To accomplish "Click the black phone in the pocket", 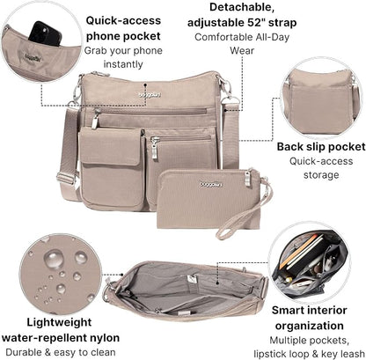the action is (45, 33).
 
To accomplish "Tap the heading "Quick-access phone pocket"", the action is (123, 28).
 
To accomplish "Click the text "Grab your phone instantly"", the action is (123, 57).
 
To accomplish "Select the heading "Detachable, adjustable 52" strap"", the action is (242, 15).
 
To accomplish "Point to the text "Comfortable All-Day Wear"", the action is (242, 44).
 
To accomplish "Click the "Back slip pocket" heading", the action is (321, 147).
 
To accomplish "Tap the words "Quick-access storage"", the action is (321, 168).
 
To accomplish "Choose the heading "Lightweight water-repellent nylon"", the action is (61, 330).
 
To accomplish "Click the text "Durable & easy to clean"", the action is (61, 352).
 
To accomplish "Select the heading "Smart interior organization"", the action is (310, 318).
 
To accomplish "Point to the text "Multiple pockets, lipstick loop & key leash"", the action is (310, 347).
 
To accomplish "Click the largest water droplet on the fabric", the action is (54, 259).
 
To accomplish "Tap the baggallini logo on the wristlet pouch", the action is (211, 184).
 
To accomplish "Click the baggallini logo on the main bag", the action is (150, 95).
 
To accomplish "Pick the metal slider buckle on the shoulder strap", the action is (66, 179).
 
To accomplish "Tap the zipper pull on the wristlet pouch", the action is (247, 178).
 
